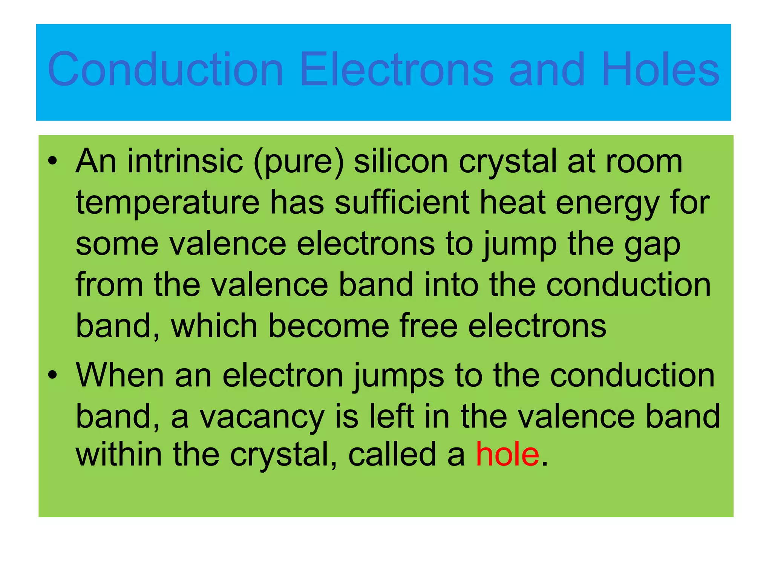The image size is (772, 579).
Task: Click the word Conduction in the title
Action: (165, 69)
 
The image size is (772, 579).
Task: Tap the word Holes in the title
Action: (660, 69)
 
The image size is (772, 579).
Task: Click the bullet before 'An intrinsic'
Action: (52, 161)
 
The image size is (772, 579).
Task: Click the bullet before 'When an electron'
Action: (52, 375)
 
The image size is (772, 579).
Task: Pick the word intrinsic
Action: (185, 161)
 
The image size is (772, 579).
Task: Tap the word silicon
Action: (401, 161)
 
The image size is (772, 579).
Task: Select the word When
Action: (120, 375)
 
